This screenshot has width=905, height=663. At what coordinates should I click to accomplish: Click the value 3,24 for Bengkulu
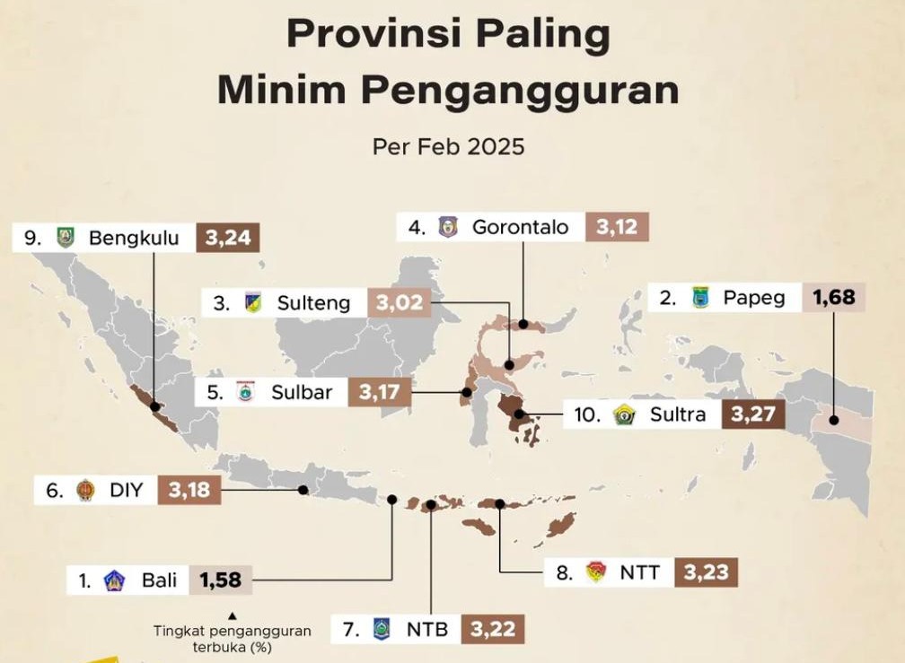[228, 238]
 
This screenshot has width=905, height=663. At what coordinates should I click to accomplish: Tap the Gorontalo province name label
[521, 227]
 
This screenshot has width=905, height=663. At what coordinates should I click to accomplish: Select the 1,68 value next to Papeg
[834, 297]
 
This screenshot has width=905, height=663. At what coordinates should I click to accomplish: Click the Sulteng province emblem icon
[252, 303]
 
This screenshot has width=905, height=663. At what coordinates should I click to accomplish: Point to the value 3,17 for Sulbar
[380, 392]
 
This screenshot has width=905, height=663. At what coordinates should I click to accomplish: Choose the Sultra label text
[678, 414]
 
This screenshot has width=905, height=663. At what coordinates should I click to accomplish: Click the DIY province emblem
[85, 490]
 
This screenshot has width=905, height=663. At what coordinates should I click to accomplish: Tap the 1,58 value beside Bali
[221, 580]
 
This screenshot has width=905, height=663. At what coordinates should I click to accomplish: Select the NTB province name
[427, 628]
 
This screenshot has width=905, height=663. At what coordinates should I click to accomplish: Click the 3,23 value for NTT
[707, 572]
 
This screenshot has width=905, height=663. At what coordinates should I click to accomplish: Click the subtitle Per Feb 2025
[448, 146]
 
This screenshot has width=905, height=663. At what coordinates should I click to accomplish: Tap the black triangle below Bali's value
[232, 615]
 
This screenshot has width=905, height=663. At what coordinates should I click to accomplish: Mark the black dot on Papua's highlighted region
[833, 419]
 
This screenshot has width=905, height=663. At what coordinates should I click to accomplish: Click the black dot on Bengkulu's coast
[154, 405]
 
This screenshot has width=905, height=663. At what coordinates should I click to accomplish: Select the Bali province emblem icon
[114, 580]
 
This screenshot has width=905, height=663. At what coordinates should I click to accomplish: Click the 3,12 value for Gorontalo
[616, 227]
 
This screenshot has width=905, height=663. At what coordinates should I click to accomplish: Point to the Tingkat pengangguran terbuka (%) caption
[232, 638]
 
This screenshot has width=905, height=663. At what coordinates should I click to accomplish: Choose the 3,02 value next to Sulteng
[400, 303]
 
